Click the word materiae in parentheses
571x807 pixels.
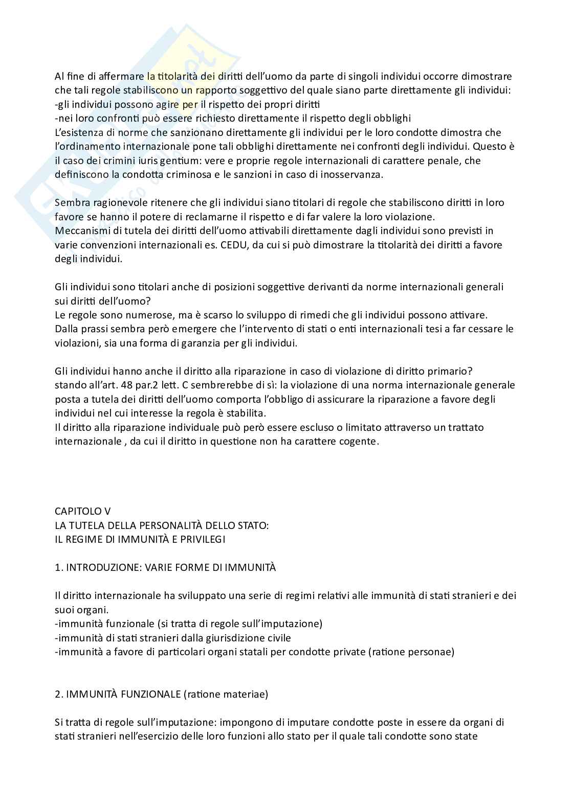[245, 694]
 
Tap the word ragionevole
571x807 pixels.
[117, 202]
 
